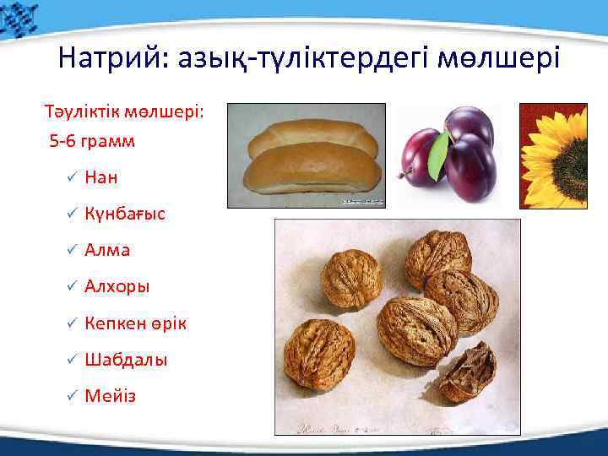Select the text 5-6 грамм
coord(92,141)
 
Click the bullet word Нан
coord(101,177)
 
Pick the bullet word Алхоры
coord(117,287)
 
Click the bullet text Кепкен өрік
coord(136,323)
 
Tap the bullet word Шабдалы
coord(126,360)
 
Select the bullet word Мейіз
coord(110,396)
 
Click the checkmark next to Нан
coord(72,177)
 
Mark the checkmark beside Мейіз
coord(72,396)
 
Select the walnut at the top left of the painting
coord(351,278)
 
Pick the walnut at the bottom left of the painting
coord(320,355)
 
